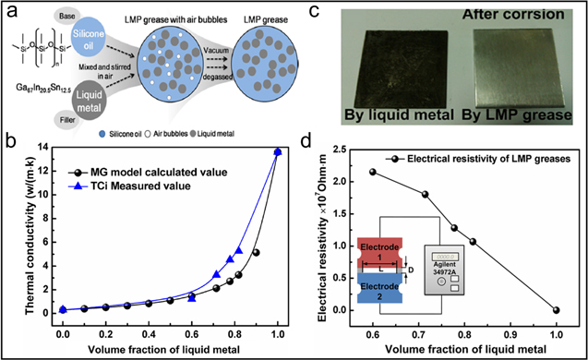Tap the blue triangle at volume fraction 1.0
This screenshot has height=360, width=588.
(x=278, y=152)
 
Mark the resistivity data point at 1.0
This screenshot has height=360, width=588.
(x=554, y=310)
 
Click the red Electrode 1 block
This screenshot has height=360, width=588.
(x=380, y=255)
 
